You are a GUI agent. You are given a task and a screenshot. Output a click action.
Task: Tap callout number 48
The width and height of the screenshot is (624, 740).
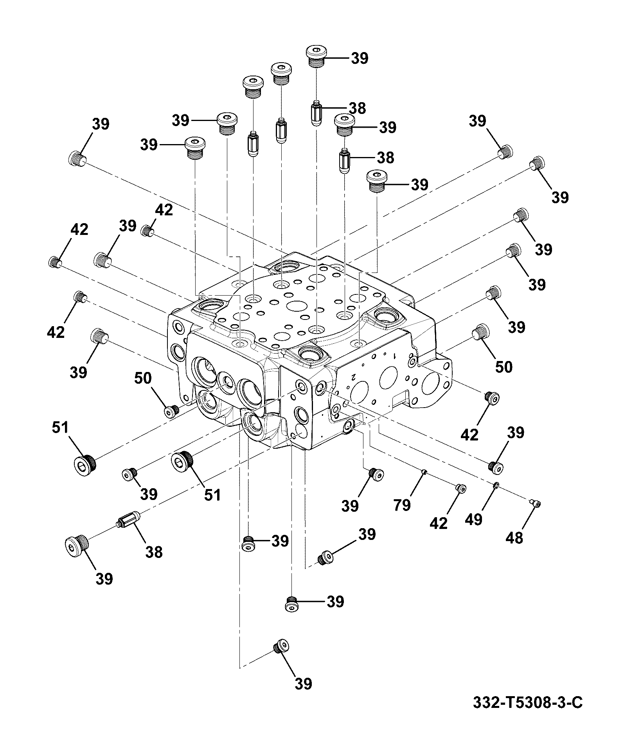514,538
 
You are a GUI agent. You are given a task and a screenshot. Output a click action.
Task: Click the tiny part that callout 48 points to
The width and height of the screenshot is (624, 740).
534,503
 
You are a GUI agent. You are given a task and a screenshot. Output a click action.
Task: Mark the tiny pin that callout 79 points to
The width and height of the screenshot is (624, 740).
424,473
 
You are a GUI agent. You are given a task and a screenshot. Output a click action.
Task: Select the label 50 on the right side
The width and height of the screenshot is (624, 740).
504,367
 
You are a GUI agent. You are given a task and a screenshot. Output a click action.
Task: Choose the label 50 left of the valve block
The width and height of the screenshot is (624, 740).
143,378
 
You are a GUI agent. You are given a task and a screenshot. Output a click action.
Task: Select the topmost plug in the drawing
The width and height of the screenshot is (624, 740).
316,56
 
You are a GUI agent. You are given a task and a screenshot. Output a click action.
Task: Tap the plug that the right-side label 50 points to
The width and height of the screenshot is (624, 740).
482,332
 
